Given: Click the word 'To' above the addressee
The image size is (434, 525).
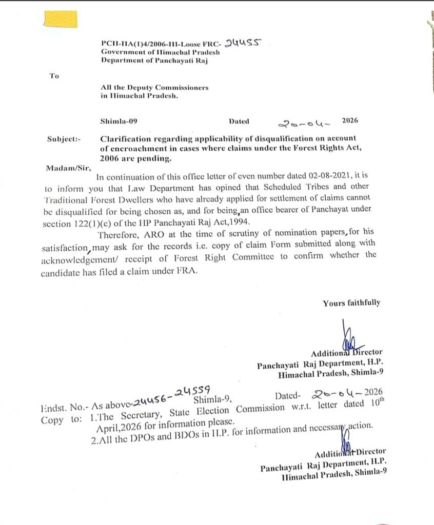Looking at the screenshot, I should [x=54, y=76].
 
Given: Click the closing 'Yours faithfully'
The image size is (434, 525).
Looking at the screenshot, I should [x=351, y=303].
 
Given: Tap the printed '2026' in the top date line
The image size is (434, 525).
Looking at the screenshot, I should [x=350, y=121].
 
